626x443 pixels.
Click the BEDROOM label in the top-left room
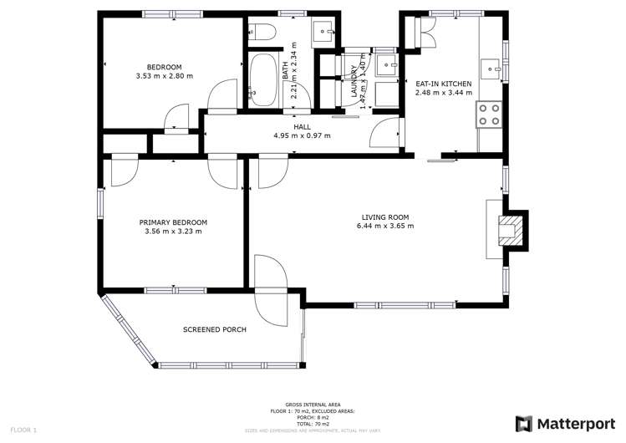(x=164, y=67)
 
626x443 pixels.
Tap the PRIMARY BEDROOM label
(x=173, y=222)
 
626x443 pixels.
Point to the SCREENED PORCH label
(x=215, y=329)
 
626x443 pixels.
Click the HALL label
(x=302, y=127)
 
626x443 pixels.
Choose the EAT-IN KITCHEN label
(x=444, y=84)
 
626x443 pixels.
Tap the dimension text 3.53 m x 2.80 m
(x=164, y=76)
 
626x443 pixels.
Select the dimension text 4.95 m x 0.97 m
(x=302, y=135)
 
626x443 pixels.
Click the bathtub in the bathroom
(x=263, y=81)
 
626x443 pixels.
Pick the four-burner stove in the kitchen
(x=489, y=115)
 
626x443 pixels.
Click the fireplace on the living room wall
(x=509, y=229)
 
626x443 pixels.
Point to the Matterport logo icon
(x=525, y=424)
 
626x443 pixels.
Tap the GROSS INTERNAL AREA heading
(x=313, y=404)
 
